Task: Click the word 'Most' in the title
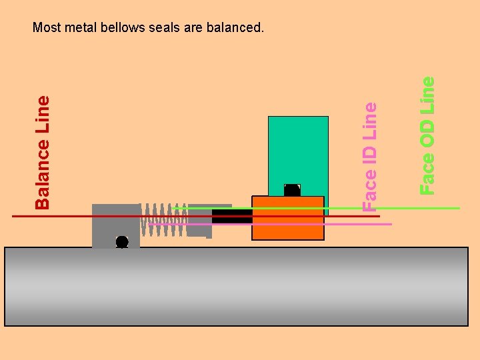coord(46,28)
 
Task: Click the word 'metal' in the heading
coord(79,28)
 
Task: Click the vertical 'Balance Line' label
coord(43,151)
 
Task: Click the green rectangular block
coord(298,150)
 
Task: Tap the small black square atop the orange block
coord(292,190)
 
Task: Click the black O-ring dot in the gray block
coord(122,241)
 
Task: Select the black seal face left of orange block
coord(231,216)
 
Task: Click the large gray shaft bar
coord(237,287)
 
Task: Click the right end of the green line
coord(459,209)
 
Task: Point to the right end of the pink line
coord(391,224)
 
